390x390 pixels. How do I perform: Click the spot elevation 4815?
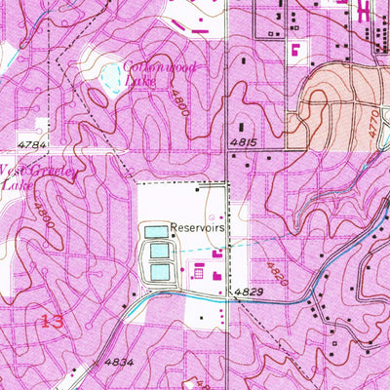[x=244, y=142]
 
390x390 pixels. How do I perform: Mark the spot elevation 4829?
[x=248, y=292]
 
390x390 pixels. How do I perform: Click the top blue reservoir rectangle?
[x=157, y=232]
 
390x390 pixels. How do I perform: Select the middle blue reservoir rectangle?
[x=159, y=252]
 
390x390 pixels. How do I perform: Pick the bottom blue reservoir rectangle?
[x=159, y=271]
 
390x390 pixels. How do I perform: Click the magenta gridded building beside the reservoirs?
[x=198, y=273]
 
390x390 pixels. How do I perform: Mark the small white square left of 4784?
[x=41, y=125]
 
